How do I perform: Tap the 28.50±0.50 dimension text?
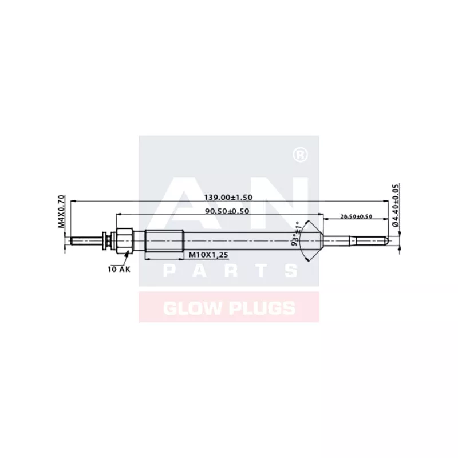(x=356, y=216)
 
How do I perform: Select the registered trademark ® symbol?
(x=298, y=155)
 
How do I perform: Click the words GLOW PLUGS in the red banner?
(x=229, y=308)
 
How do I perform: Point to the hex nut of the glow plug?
(x=125, y=239)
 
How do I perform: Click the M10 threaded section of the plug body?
(x=164, y=239)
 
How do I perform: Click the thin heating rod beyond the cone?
(x=355, y=239)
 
